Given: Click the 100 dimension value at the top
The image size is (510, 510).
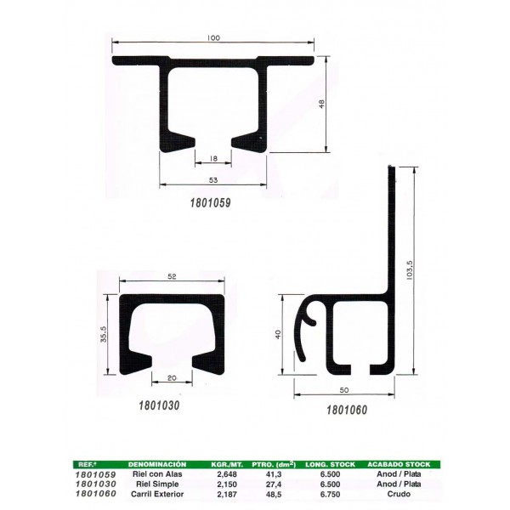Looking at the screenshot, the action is coord(213,37).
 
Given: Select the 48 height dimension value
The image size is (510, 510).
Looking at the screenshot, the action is coord(321,104).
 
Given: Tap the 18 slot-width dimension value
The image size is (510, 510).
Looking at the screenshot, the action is coord(213,159).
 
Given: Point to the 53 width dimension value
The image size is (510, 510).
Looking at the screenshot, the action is coord(213,180).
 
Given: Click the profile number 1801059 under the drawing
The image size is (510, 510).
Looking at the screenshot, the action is coord(211,203).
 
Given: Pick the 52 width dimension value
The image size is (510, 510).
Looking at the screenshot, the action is coord(172,276).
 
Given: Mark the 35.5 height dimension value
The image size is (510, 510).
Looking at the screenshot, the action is coord(104,334).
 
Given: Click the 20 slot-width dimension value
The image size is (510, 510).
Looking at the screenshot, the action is coord(172,377).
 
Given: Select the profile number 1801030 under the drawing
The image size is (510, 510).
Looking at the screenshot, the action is coord(159,405).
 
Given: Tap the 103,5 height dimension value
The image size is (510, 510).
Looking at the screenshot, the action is coord(410,269).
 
